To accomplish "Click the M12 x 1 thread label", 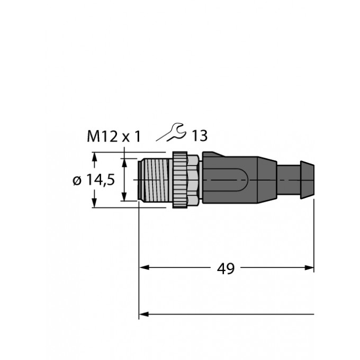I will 114,137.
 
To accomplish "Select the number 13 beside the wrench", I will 199,137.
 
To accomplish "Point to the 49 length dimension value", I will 226,268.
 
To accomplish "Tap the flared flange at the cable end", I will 307,179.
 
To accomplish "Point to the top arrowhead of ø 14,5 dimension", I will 95,156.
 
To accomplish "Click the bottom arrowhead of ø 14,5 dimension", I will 95,204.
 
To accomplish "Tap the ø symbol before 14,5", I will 76,181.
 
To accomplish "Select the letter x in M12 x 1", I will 127,138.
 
